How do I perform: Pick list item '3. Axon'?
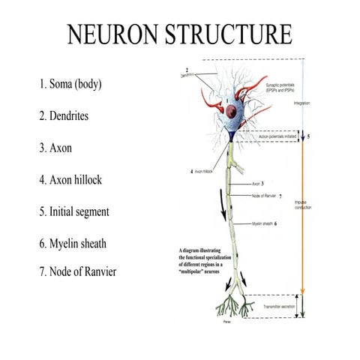coord(55,148)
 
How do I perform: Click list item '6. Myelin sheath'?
coord(78,244)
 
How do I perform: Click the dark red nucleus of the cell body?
coord(234,113)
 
